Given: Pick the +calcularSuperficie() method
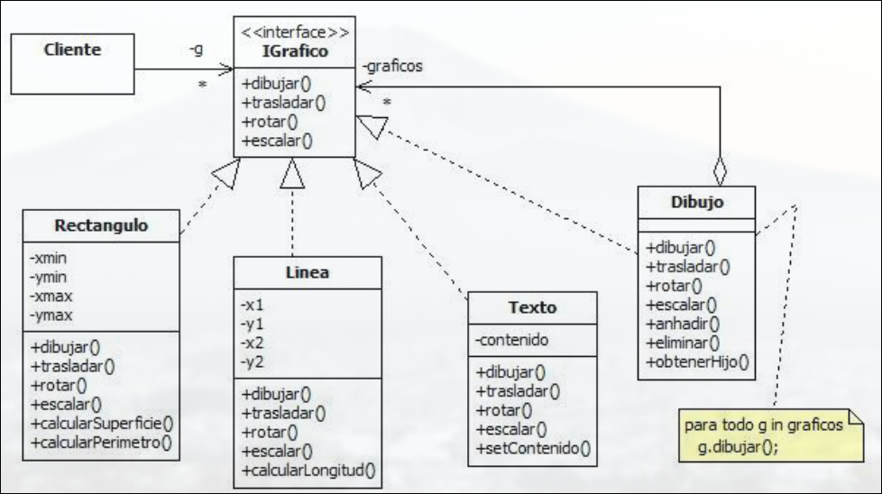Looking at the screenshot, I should pos(100,424).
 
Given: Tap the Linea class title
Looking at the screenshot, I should pos(293,272).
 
